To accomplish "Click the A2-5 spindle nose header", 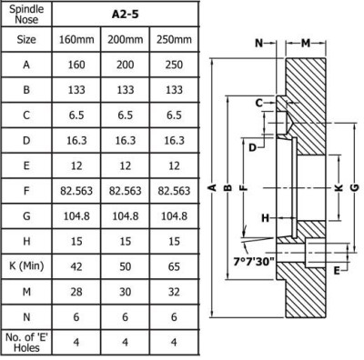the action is pyautogui.click(x=126, y=15).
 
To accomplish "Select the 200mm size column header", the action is pyautogui.click(x=126, y=40).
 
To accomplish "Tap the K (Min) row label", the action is pyautogui.click(x=26, y=265).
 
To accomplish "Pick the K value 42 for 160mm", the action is pyautogui.click(x=76, y=266).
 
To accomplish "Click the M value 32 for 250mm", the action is pyautogui.click(x=174, y=292).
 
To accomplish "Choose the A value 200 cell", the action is pyautogui.click(x=126, y=65).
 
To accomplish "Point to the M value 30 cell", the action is pyautogui.click(x=126, y=292).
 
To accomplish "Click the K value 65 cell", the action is pyautogui.click(x=174, y=266).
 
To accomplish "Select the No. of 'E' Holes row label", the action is pyautogui.click(x=26, y=342).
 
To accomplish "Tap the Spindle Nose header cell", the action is pyautogui.click(x=26, y=15).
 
